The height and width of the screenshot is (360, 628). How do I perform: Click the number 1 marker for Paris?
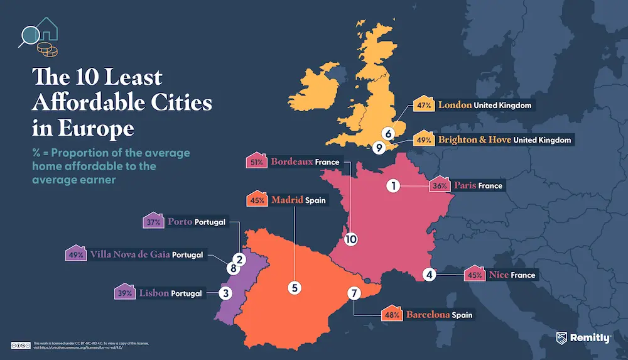[393, 186]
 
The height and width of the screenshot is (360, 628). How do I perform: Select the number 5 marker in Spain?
[294, 287]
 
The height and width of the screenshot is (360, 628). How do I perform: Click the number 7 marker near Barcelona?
[430, 275]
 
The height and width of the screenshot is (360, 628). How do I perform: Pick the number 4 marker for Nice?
[430, 275]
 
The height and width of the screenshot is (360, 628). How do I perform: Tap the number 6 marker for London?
[389, 133]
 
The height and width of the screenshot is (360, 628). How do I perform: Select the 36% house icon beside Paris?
[440, 185]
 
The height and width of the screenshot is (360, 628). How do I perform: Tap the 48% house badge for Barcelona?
[391, 314]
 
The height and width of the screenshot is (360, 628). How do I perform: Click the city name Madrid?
[287, 200]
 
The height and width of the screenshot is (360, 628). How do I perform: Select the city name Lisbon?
[153, 293]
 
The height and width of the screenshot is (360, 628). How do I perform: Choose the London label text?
[455, 105]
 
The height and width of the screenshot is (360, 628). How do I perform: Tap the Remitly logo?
[583, 338]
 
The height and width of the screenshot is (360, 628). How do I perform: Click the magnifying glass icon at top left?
[28, 35]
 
